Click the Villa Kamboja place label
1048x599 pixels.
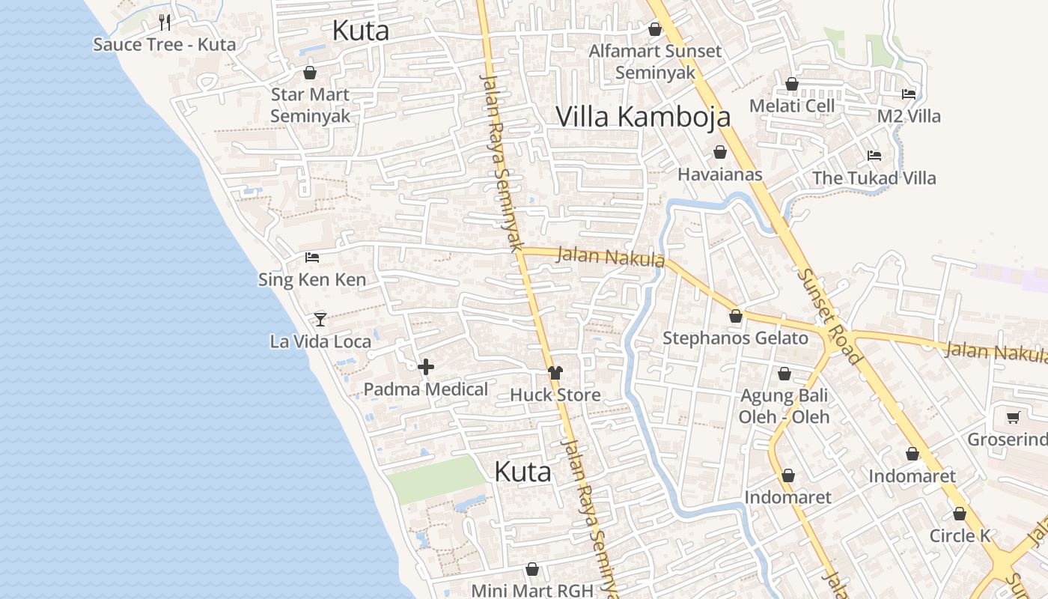pyautogui.click(x=643, y=117)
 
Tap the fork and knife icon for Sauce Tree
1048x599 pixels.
pyautogui.click(x=165, y=22)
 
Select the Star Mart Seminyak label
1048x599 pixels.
pyautogui.click(x=310, y=106)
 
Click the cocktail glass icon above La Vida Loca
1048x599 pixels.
pyautogui.click(x=320, y=320)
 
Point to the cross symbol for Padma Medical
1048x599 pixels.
pyautogui.click(x=426, y=367)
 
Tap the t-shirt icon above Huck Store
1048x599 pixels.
pyautogui.click(x=555, y=372)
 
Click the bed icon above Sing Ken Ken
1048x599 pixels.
pyautogui.click(x=312, y=258)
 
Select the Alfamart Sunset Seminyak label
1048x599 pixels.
pyautogui.click(x=655, y=61)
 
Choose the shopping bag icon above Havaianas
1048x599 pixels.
pyautogui.click(x=720, y=153)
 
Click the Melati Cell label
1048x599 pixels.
pyautogui.click(x=792, y=106)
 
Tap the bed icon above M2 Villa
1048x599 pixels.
pyautogui.click(x=909, y=94)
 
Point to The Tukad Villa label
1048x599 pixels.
pyautogui.click(x=874, y=178)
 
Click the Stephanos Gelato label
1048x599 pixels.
pyautogui.click(x=735, y=338)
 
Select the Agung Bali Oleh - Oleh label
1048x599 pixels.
pyautogui.click(x=784, y=406)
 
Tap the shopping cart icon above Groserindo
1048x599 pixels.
pyautogui.click(x=1014, y=417)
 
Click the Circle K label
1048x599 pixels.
pyautogui.click(x=960, y=536)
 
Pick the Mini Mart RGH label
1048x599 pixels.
pyautogui.click(x=531, y=590)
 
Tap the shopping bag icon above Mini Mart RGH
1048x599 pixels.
pyautogui.click(x=532, y=569)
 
